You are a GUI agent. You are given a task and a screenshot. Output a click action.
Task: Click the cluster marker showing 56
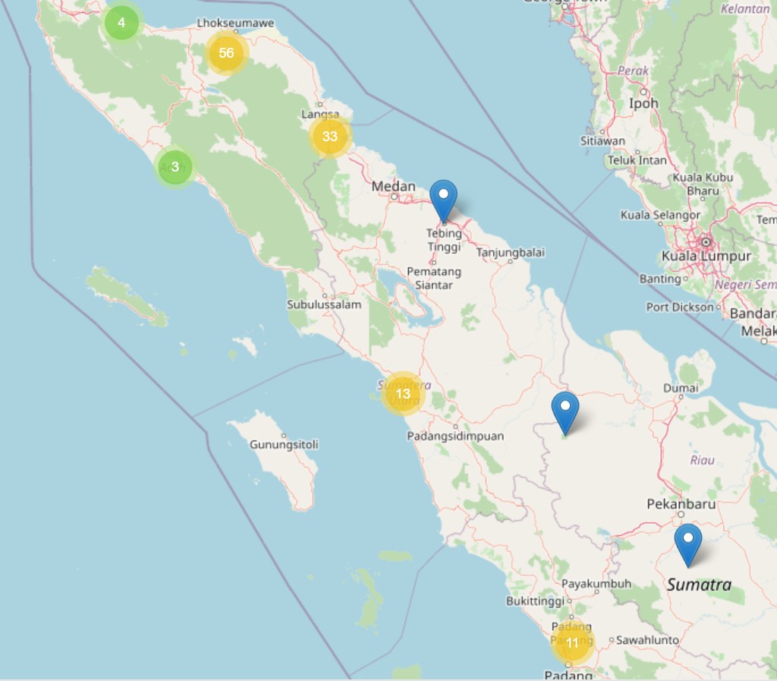(226, 53)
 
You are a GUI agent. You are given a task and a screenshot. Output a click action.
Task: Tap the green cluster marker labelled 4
(121, 23)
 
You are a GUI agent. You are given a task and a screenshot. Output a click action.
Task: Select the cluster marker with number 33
(329, 137)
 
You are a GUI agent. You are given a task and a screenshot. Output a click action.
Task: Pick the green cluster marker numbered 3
(175, 166)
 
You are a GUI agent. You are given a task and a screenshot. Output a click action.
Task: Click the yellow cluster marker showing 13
(402, 393)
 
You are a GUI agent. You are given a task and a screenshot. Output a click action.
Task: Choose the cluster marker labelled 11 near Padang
(572, 643)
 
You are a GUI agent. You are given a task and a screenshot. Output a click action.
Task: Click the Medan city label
(393, 186)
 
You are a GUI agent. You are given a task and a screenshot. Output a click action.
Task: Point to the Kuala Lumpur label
(706, 256)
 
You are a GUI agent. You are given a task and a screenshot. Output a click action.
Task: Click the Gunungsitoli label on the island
(284, 444)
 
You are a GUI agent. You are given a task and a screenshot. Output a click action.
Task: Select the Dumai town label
(681, 388)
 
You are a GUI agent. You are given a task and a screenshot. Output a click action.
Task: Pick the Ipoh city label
(643, 102)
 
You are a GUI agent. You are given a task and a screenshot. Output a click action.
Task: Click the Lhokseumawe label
(235, 24)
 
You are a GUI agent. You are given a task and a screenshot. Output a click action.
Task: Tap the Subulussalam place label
(324, 304)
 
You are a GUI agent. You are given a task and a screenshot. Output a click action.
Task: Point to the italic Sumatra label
(699, 585)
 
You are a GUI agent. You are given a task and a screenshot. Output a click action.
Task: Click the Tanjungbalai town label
(510, 253)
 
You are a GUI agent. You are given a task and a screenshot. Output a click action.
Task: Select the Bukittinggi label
(536, 601)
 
